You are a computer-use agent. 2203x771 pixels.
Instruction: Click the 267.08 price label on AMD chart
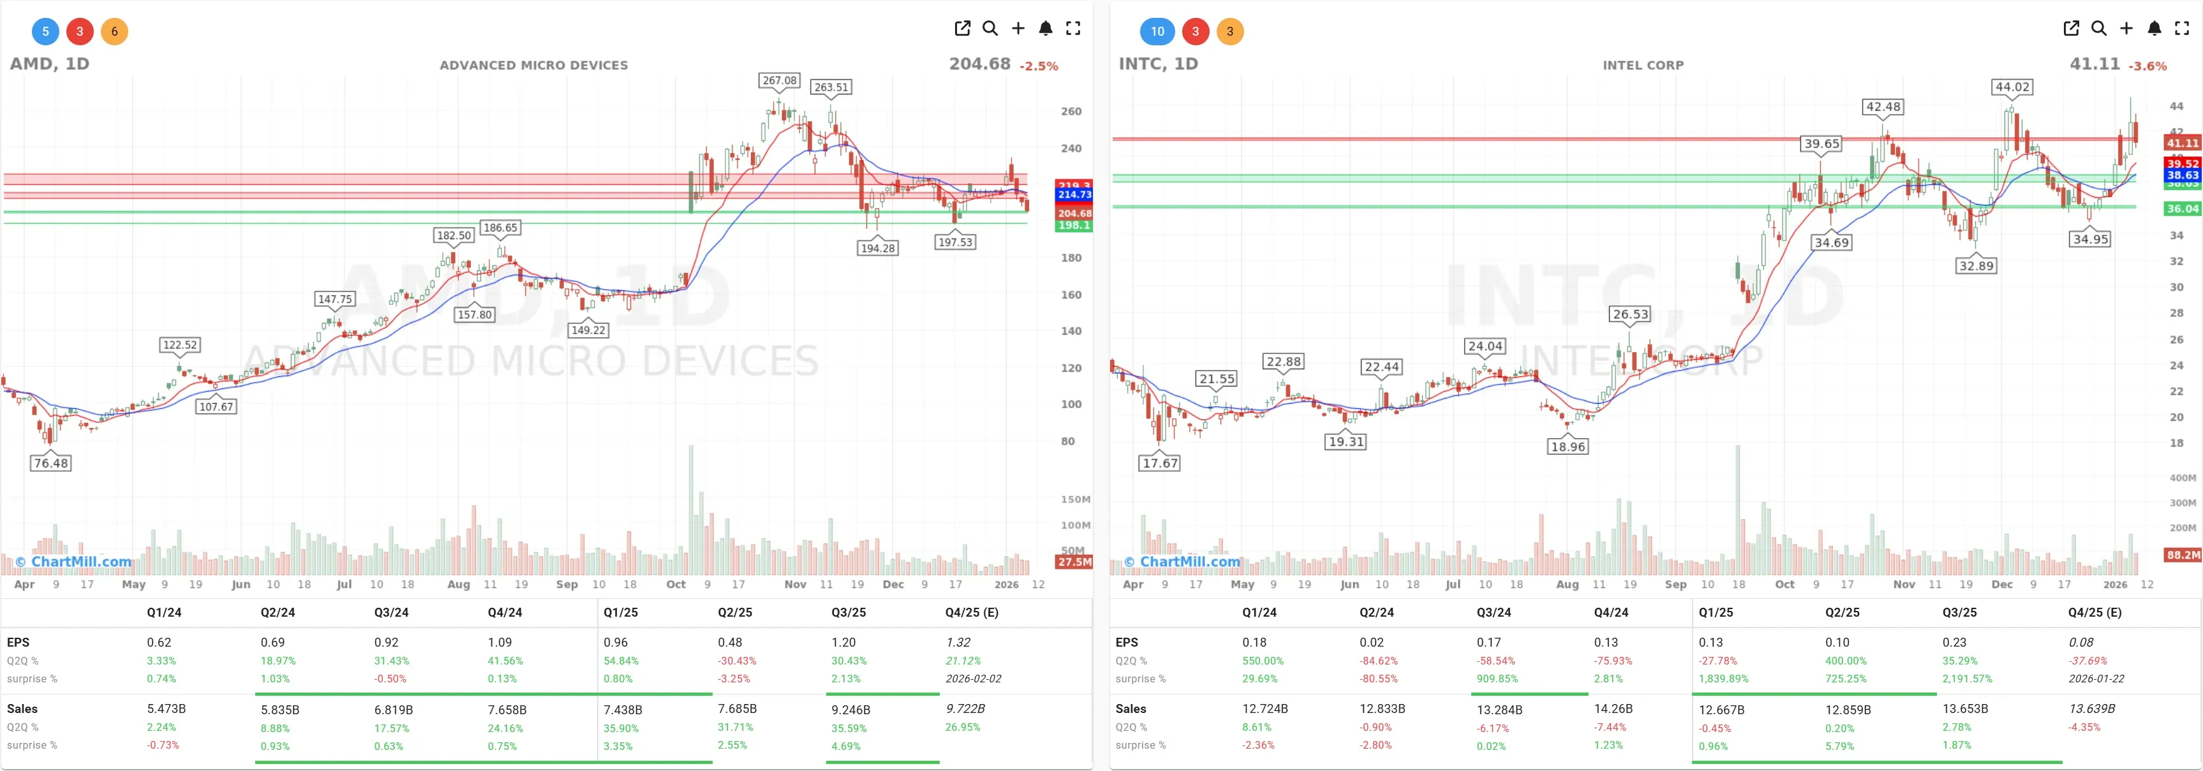(779, 80)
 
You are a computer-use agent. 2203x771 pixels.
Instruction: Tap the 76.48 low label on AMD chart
(50, 463)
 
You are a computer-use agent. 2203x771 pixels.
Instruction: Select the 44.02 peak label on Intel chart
(2012, 87)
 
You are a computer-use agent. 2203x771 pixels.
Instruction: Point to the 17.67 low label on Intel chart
(1160, 463)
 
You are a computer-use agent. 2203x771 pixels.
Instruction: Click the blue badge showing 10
(1157, 32)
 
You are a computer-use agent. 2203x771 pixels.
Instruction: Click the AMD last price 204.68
(979, 64)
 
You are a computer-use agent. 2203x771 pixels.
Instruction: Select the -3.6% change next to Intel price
(2147, 66)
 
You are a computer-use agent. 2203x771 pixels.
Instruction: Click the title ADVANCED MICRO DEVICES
(533, 65)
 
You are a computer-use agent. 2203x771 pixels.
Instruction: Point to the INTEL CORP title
(1643, 65)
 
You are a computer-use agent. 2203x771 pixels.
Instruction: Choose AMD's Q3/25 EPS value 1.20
(843, 642)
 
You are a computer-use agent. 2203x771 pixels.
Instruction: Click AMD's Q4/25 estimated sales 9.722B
(965, 709)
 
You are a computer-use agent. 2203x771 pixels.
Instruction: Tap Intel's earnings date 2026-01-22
(2096, 679)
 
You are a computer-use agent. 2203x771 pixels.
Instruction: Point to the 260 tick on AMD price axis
(1071, 111)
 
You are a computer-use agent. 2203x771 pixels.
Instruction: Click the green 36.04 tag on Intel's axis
(2181, 209)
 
